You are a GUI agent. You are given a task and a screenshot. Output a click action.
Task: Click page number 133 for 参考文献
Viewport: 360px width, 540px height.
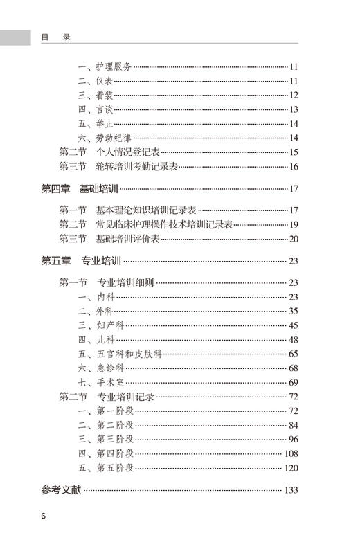291,490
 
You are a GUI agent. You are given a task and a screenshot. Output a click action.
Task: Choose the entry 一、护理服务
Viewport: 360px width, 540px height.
104,66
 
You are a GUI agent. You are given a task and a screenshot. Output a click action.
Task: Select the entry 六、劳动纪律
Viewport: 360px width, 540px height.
104,137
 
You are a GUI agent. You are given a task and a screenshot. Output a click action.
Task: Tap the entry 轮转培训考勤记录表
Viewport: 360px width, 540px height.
137,167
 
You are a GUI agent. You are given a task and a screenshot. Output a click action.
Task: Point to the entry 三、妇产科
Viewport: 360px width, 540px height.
99,325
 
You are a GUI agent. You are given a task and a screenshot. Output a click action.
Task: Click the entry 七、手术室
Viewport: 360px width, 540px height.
99,382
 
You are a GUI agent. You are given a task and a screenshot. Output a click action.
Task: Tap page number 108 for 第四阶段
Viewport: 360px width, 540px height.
291,453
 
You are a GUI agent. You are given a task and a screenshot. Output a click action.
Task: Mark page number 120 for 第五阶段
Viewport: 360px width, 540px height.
291,468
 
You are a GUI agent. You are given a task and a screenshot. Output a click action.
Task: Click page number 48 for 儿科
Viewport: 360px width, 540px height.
294,339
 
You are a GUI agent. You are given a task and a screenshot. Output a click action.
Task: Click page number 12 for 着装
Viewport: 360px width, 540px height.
294,95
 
